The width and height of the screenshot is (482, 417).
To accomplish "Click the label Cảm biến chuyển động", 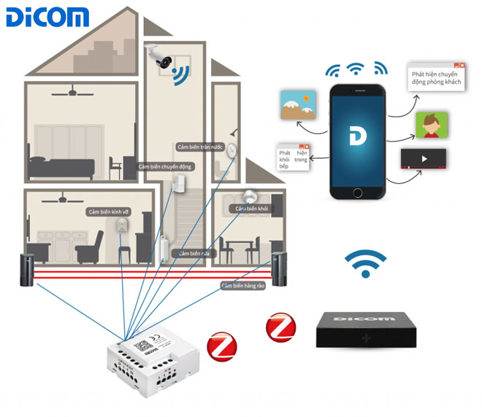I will click(165, 167).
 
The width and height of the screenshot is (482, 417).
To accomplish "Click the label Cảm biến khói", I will click(249, 208).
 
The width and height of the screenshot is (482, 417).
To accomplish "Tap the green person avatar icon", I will click(430, 125).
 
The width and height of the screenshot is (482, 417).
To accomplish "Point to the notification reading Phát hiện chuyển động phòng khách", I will click(436, 77).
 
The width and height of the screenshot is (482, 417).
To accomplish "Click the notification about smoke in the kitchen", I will click(293, 157).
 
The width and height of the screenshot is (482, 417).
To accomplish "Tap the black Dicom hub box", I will click(364, 328).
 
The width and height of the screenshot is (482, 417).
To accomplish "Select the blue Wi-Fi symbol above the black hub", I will click(365, 265).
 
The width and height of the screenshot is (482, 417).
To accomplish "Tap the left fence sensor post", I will click(26, 268).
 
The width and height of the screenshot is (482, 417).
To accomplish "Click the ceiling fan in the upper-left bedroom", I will click(75, 93).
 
